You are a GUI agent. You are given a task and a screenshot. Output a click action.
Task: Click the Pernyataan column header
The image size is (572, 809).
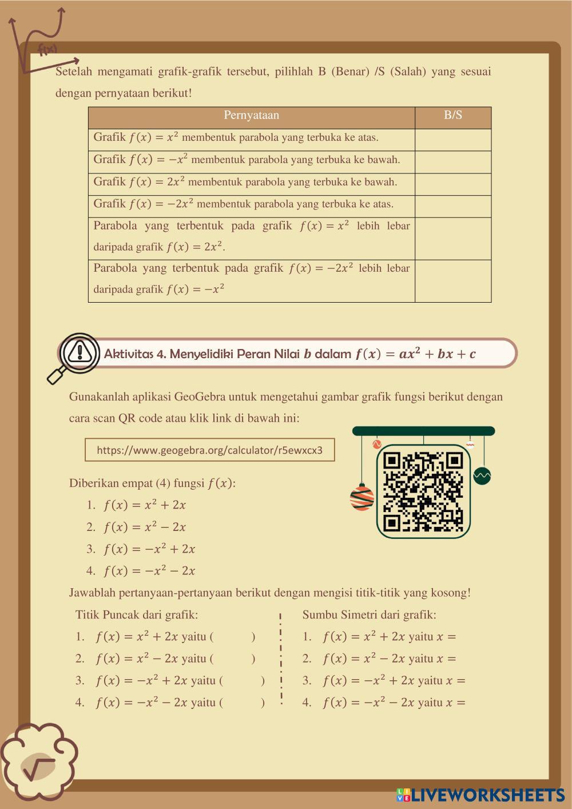pyautogui.click(x=251, y=116)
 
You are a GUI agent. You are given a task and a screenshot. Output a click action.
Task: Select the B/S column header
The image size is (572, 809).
pyautogui.click(x=452, y=116)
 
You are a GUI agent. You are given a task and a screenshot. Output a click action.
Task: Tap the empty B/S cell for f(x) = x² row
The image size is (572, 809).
pyautogui.click(x=452, y=140)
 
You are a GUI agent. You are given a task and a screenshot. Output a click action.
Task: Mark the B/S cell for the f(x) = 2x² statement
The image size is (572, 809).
pyautogui.click(x=452, y=184)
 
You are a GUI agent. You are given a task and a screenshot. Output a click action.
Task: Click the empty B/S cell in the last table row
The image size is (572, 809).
pyautogui.click(x=452, y=281)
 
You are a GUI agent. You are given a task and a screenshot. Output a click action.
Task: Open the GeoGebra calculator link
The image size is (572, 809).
pyautogui.click(x=209, y=450)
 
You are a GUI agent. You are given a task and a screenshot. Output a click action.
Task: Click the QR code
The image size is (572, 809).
pyautogui.click(x=423, y=491)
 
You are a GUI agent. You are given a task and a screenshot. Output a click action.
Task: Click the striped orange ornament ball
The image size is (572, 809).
pyautogui.click(x=362, y=497)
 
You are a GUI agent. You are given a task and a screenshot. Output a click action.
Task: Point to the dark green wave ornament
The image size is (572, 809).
pyautogui.click(x=482, y=475)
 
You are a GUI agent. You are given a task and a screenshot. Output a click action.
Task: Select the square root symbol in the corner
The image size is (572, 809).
pyautogui.click(x=39, y=766)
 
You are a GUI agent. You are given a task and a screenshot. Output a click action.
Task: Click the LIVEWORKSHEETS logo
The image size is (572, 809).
pyautogui.click(x=480, y=795)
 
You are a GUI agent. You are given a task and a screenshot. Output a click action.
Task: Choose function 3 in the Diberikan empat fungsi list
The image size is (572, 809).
pyautogui.click(x=149, y=549)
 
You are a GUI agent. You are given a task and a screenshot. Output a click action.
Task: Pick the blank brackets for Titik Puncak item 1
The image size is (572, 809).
pyautogui.click(x=233, y=637)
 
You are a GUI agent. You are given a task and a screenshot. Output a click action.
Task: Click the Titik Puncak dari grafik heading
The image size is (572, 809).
pyautogui.click(x=137, y=615)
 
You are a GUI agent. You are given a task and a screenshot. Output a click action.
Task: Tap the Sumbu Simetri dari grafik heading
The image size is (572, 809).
pyautogui.click(x=369, y=615)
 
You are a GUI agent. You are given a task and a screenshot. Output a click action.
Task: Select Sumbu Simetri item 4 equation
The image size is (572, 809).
pyautogui.click(x=394, y=703)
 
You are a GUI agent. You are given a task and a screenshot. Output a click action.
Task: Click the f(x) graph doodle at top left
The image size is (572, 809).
pyautogui.click(x=40, y=40)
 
